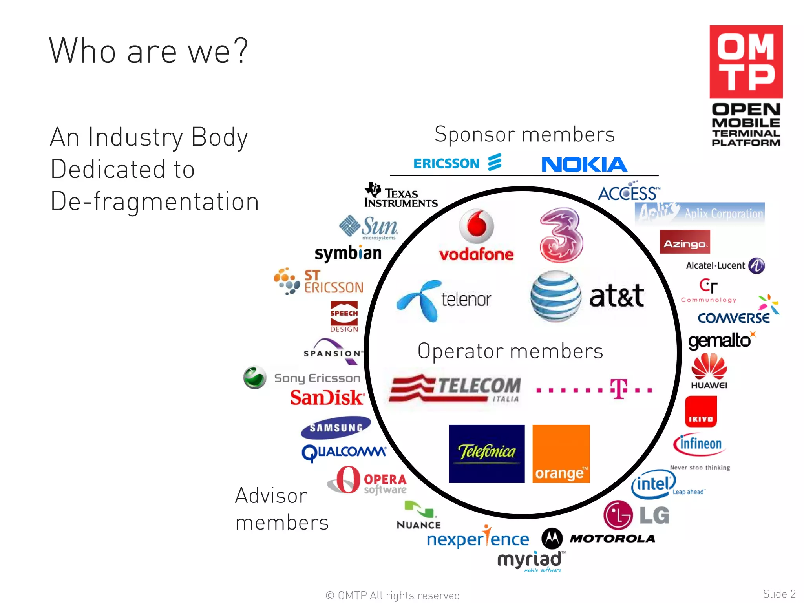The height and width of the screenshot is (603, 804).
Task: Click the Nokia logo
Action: click(584, 164)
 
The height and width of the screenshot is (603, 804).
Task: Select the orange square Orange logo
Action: click(561, 453)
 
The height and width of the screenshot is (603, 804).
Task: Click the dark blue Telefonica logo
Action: click(486, 453)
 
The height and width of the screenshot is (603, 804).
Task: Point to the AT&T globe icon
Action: click(555, 296)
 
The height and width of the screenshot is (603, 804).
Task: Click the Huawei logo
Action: click(709, 371)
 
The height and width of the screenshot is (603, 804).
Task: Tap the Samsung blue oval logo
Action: click(336, 428)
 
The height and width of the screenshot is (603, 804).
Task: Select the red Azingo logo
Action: click(685, 242)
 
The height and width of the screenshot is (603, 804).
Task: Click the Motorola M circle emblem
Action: click(552, 538)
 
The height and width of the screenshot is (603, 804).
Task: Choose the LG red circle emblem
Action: click(618, 515)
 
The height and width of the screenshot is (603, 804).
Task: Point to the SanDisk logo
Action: click(327, 397)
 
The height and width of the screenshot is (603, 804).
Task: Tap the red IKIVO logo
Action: click(701, 411)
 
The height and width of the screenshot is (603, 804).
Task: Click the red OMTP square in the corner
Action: click(746, 62)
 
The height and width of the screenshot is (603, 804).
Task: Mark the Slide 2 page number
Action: click(779, 594)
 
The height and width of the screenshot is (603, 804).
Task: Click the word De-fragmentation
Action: click(155, 201)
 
